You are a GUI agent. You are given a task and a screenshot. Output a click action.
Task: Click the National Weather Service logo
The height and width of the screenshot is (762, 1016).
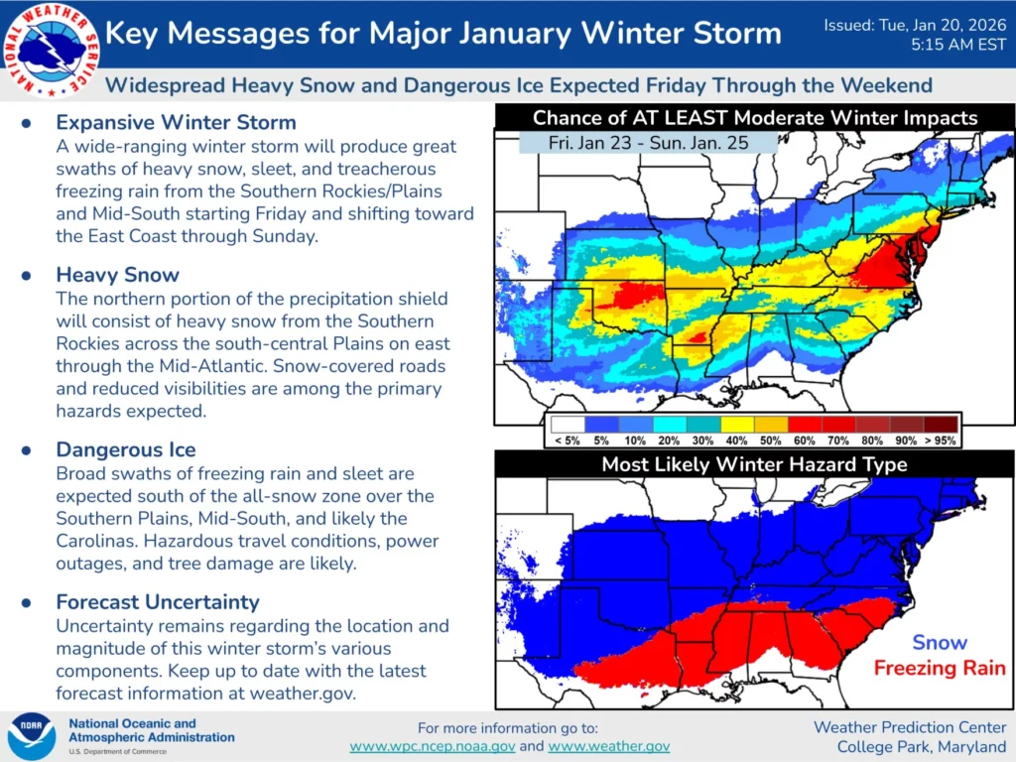click(51, 50)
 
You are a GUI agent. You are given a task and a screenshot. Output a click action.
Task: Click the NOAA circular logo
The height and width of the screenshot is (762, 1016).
click(32, 736)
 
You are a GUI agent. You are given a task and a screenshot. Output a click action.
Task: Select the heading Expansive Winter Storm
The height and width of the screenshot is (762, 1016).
click(176, 123)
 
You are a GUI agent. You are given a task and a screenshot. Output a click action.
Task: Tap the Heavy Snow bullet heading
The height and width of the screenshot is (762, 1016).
click(119, 275)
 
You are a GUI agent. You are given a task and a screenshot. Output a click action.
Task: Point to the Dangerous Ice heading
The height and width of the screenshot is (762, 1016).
click(125, 450)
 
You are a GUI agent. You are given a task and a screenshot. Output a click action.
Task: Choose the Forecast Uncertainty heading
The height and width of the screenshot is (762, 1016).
click(157, 602)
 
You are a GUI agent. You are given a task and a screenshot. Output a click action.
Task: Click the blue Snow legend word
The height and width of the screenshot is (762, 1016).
click(939, 642)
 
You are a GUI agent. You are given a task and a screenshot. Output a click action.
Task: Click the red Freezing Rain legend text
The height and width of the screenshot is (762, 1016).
click(939, 668)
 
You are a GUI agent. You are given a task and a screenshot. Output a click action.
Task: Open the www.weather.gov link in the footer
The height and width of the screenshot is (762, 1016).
click(608, 746)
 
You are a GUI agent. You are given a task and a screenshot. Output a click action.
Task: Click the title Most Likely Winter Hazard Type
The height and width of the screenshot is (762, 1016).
click(754, 464)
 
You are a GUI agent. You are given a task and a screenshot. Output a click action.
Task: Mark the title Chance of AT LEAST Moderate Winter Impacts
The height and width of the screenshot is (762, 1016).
click(754, 118)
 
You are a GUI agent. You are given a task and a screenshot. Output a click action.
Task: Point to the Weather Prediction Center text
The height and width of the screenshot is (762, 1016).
click(909, 727)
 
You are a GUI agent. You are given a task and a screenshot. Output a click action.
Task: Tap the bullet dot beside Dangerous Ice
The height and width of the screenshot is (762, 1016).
click(27, 450)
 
